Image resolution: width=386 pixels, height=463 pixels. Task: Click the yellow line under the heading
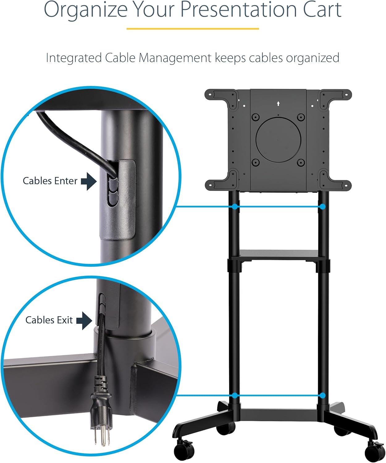193,29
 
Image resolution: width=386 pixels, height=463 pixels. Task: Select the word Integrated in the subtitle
73,58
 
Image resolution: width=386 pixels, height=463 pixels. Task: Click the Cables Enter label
50,181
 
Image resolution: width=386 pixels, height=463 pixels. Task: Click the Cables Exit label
49,320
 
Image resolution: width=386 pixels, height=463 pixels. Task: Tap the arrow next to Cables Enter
89,181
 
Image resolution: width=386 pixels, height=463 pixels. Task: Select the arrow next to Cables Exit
84,320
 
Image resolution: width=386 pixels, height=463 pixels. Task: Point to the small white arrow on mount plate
278,104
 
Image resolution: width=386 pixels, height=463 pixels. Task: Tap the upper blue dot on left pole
235,206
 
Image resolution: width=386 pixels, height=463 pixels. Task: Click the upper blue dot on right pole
322,206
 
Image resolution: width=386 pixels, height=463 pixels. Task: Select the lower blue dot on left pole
235,395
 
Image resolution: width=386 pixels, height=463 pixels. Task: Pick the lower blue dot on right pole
323,395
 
